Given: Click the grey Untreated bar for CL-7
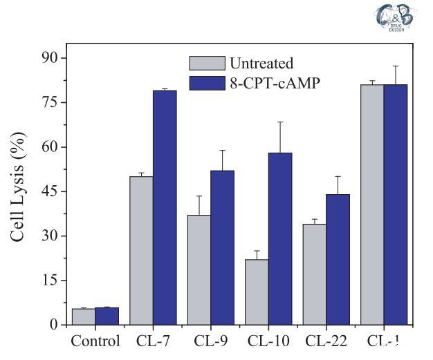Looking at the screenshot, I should point(141,250).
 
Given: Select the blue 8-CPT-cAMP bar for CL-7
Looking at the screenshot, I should point(165,207).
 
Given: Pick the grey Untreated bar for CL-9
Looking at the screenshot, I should point(199,269).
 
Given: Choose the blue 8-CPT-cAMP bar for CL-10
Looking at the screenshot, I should point(280,238).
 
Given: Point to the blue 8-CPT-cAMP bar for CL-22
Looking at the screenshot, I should point(338,259).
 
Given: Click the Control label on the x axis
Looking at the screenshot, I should point(95,341).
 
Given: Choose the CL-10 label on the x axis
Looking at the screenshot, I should point(268,341).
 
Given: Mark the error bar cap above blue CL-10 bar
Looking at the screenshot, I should point(280,122).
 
